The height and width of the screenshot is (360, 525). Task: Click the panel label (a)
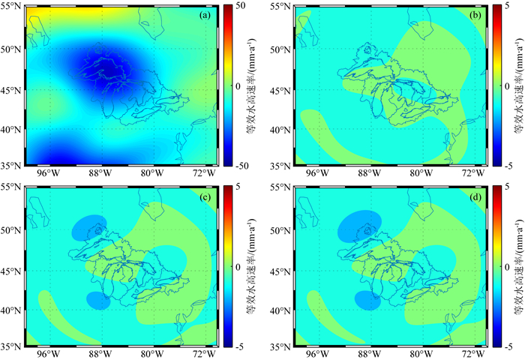pyautogui.click(x=205, y=16)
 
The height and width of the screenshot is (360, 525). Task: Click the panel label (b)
pyautogui.click(x=475, y=16)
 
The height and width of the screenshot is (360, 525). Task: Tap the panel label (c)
pyautogui.click(x=205, y=197)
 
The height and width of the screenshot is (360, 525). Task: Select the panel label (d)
pyautogui.click(x=475, y=197)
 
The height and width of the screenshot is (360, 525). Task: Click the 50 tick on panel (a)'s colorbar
pyautogui.click(x=241, y=6)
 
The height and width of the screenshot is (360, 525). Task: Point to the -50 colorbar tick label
pyautogui.click(x=241, y=166)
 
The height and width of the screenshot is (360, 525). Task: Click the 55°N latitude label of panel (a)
pyautogui.click(x=11, y=7)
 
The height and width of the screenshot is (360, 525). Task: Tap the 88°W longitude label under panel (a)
pyautogui.click(x=101, y=173)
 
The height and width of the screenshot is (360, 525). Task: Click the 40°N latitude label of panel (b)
pyautogui.click(x=280, y=130)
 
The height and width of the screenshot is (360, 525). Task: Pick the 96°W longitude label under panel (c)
pyautogui.click(x=46, y=354)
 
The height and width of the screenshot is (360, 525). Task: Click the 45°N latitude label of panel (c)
pyautogui.click(x=11, y=271)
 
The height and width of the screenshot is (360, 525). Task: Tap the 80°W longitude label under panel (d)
pyautogui.click(x=421, y=354)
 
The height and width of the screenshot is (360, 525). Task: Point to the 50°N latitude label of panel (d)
pyautogui.click(x=280, y=231)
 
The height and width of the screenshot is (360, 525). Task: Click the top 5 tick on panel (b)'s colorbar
pyautogui.click(x=506, y=6)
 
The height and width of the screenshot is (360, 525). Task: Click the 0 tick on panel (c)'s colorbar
pyautogui.click(x=238, y=267)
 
